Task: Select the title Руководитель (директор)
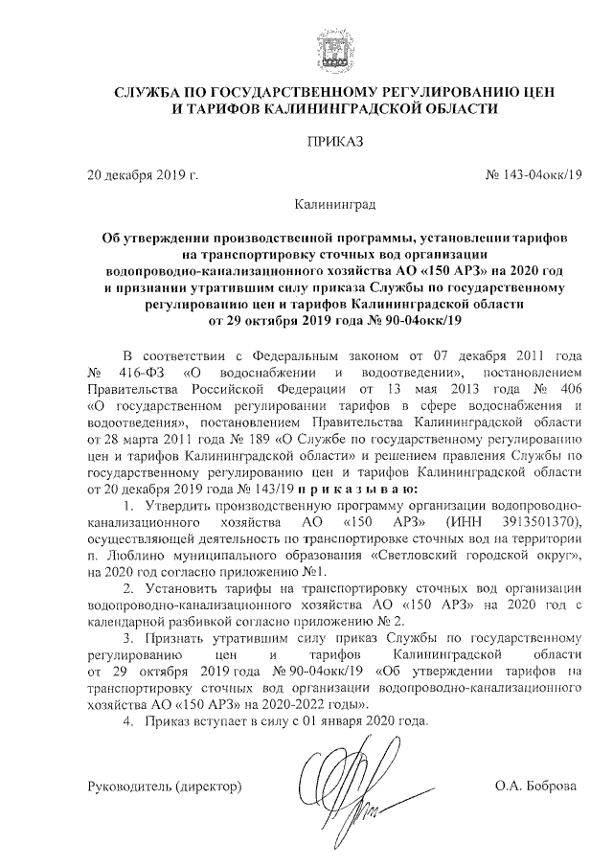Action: point(163,786)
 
